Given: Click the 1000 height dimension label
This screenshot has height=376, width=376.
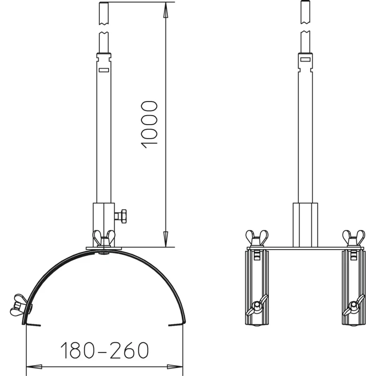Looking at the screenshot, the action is [149, 125].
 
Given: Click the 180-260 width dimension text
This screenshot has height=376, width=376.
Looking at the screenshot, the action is [104, 350].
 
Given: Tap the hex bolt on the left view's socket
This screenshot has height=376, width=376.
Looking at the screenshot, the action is [121, 216].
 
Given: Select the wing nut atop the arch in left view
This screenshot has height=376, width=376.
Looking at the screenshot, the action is [104, 238].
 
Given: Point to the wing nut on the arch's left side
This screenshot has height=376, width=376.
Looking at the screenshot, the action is [19, 305].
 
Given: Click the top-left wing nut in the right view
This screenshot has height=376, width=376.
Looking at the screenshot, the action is [257, 238].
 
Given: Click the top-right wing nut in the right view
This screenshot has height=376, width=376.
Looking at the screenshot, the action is [354, 238].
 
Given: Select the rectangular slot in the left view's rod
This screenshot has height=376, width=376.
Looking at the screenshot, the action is [104, 70].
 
